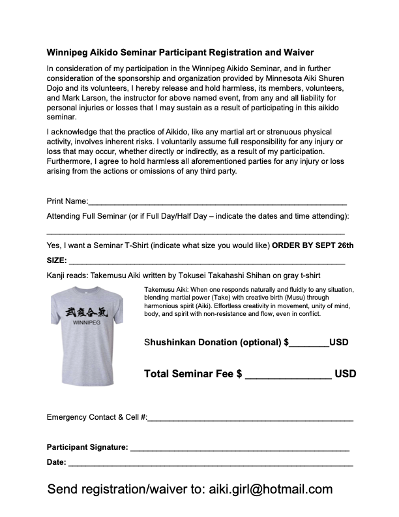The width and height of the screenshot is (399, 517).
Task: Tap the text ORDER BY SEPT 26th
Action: (x=312, y=245)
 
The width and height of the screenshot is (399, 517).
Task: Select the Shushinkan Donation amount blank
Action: (x=308, y=343)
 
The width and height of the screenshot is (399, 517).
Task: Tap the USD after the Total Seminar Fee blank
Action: (x=346, y=374)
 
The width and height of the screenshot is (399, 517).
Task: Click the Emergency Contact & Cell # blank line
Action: (x=250, y=418)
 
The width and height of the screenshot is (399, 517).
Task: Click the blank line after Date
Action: (x=210, y=463)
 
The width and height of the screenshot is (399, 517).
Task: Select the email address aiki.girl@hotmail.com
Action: (x=270, y=490)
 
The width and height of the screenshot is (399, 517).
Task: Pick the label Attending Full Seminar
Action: (x=88, y=215)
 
